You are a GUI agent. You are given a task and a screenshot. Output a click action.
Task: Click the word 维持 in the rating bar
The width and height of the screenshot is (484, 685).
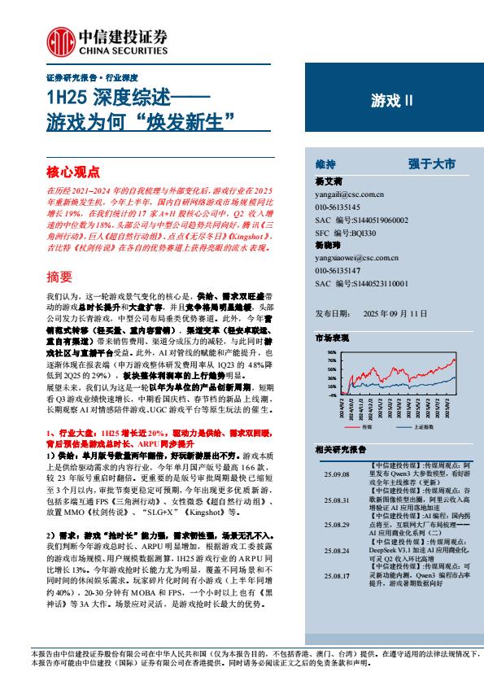325,164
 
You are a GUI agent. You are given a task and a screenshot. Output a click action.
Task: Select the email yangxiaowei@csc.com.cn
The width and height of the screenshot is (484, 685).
355,258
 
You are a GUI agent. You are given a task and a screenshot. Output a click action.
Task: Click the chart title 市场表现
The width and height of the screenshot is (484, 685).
332,337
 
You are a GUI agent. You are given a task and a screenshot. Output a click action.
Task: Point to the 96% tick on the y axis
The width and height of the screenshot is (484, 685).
331,352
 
